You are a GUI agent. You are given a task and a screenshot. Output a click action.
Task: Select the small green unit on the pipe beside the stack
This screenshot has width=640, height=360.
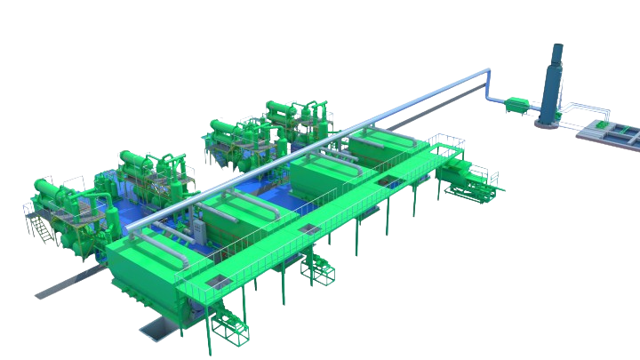point(513,107)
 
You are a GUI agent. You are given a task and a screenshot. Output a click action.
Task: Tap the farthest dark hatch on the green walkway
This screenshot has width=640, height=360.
point(384,183)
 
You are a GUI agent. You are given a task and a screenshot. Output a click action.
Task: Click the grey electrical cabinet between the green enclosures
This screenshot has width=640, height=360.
point(203,235)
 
